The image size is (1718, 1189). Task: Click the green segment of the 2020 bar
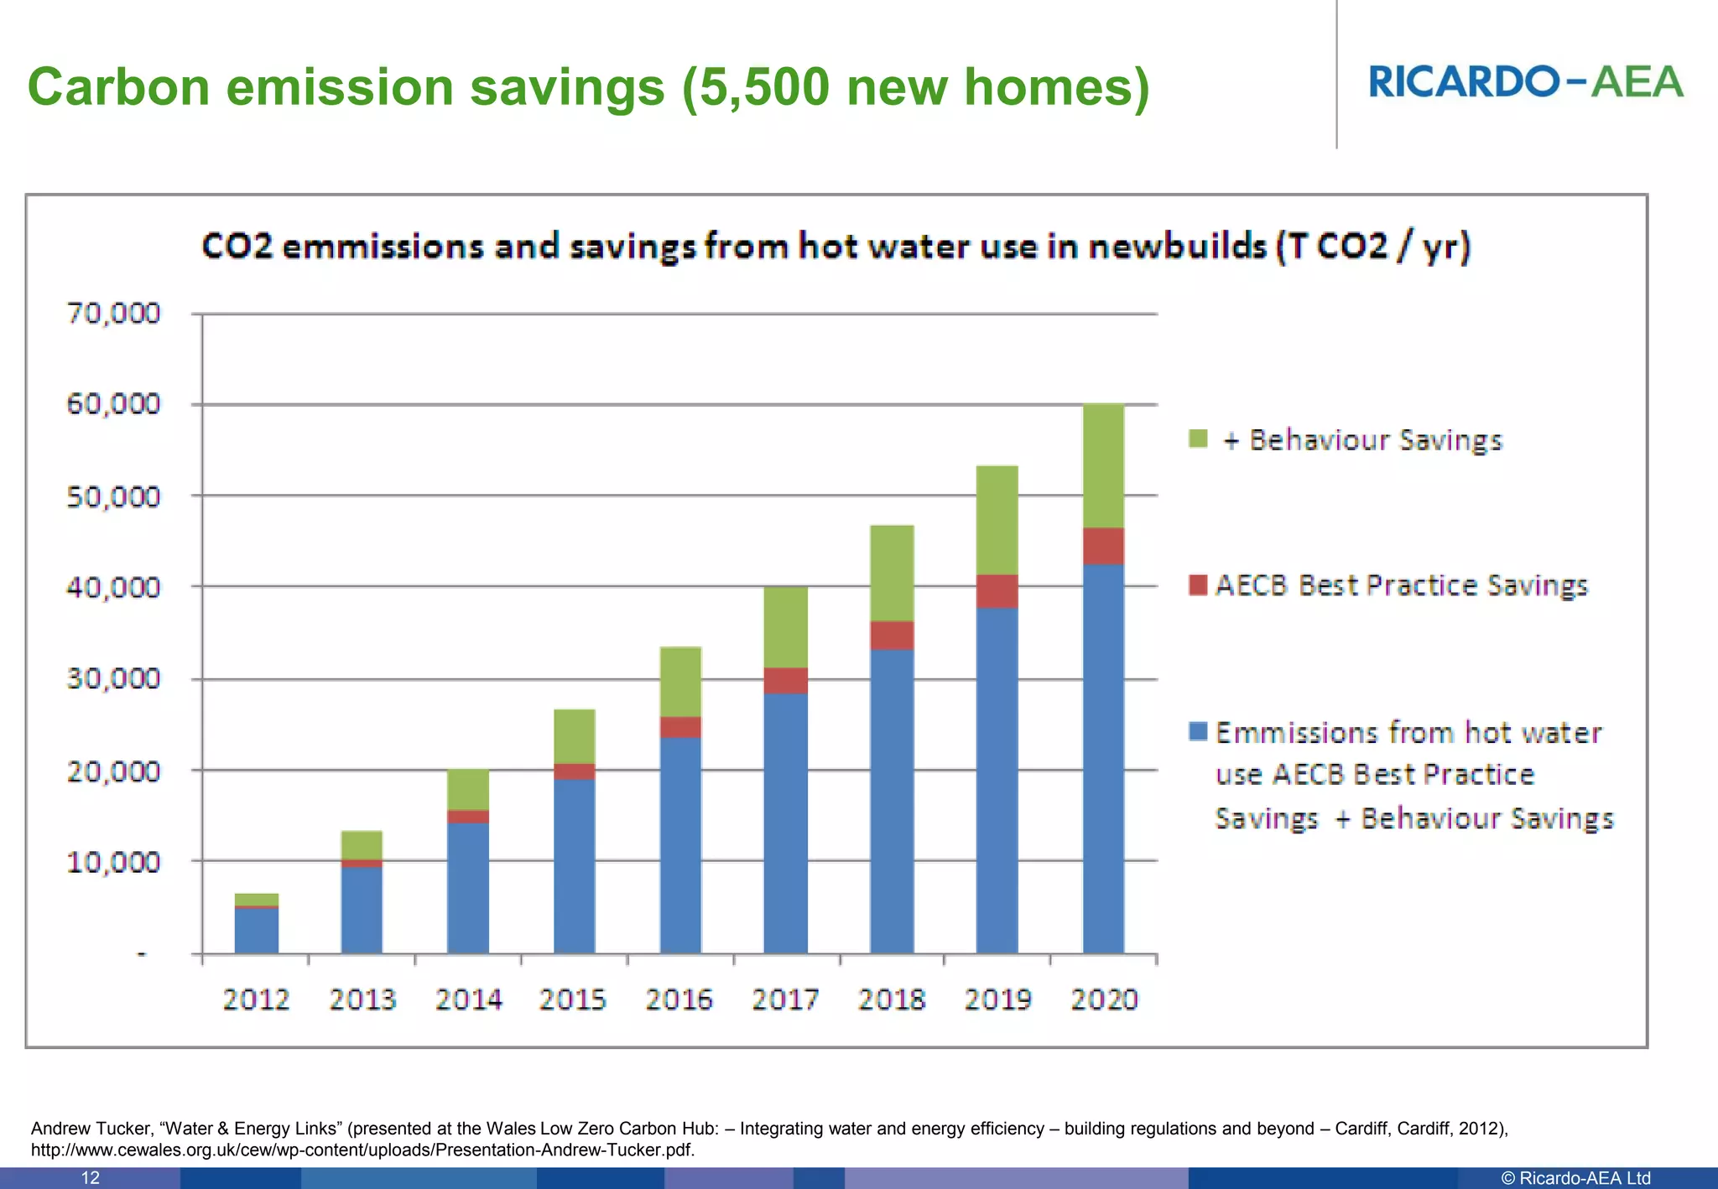coord(1103,466)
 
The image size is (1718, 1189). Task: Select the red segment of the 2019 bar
coord(997,591)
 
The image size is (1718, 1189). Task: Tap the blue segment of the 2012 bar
coord(257,931)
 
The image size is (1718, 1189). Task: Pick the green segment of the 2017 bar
coord(785,627)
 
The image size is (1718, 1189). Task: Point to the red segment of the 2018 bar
coord(892,636)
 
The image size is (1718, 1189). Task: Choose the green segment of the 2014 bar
coord(468,789)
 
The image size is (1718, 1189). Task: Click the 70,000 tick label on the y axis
coord(113,314)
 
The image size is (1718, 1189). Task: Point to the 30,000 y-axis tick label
coord(113,678)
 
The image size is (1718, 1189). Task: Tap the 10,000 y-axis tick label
coord(113,862)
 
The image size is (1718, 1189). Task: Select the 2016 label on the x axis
coord(679,999)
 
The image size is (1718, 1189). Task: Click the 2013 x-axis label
coord(362,999)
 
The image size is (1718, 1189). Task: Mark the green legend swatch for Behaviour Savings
coord(1198,439)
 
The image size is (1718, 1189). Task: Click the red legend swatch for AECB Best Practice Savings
coord(1198,584)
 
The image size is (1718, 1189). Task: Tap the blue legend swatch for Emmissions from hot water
coord(1198,731)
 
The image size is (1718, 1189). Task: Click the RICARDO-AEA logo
coord(1526,82)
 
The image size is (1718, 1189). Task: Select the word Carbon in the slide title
coord(118,87)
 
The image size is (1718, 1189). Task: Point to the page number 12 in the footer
coord(91,1178)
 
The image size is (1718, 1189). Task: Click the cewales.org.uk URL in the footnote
coord(362,1150)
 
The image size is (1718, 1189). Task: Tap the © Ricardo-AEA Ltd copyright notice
coord(1575,1178)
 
